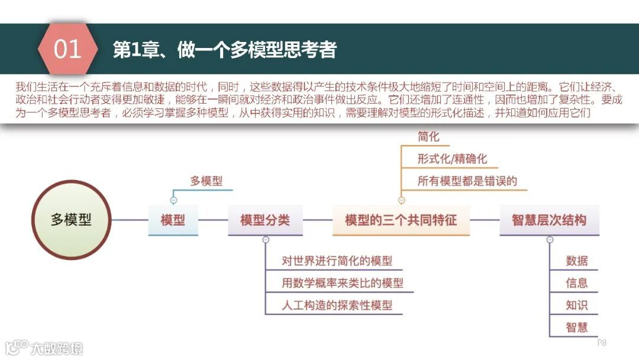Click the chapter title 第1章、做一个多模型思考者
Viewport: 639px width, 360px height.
click(x=224, y=50)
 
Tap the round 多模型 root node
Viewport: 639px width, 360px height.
click(x=71, y=220)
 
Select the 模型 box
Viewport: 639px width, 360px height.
click(x=173, y=220)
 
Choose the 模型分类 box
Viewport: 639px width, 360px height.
click(x=264, y=220)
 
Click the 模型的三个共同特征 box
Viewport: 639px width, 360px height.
click(x=401, y=220)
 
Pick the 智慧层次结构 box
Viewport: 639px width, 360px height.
click(x=548, y=220)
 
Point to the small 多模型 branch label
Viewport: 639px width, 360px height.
click(x=206, y=181)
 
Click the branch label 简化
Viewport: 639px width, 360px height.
click(x=428, y=137)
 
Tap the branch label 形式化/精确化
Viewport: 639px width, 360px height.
click(x=452, y=159)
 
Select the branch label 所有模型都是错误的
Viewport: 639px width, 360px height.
click(x=467, y=181)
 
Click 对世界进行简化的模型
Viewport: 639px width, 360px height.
click(x=337, y=261)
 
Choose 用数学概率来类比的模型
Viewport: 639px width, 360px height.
click(x=343, y=283)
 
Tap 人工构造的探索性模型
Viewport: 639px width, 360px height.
click(x=337, y=306)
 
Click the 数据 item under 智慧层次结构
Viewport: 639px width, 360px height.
click(x=576, y=261)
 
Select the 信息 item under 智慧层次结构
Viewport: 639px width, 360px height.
click(x=576, y=283)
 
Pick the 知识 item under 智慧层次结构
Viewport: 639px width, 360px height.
click(x=576, y=306)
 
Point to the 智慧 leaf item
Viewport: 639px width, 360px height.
click(x=576, y=327)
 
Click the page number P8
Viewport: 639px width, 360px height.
click(x=602, y=343)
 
